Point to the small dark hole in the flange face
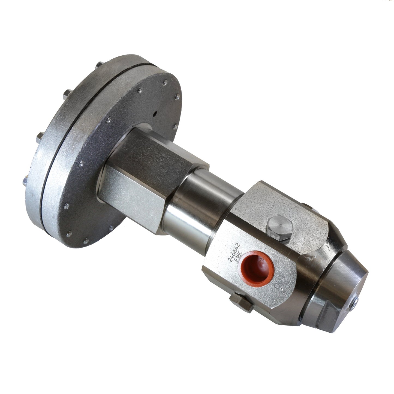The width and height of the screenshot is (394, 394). click(x=155, y=113)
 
